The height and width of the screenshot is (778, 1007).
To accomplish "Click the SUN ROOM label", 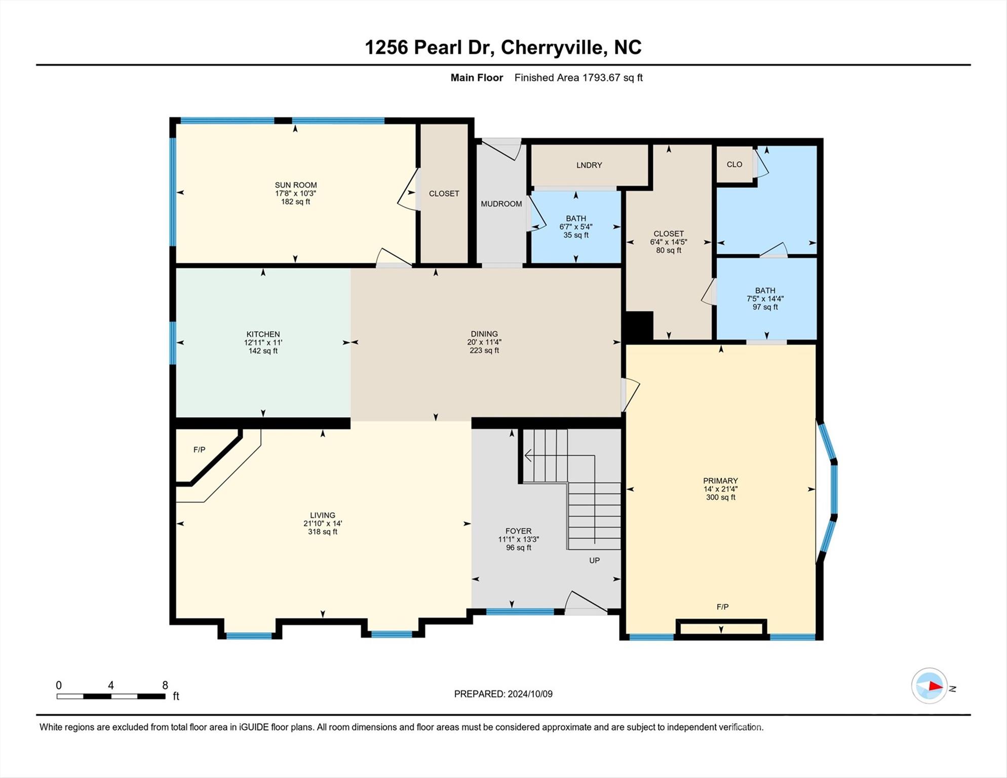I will point(296,185).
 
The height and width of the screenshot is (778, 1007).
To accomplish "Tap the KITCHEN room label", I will point(263,334).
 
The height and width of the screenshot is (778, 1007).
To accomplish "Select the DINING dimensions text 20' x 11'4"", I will point(484,342).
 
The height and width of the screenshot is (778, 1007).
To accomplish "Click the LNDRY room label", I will point(589,165).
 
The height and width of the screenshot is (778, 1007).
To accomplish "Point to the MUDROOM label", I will point(501,204).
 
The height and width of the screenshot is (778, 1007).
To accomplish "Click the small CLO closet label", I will point(734,164).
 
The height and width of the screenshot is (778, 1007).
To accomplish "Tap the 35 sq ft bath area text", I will point(576,236).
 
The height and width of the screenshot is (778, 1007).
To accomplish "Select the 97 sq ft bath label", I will point(765,307).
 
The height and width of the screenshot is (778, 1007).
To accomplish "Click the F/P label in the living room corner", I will point(199,450).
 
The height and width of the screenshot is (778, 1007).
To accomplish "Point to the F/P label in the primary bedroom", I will point(722,607).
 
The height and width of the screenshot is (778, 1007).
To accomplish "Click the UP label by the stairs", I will point(594,560).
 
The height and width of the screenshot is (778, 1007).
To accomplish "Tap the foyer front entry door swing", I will point(585,603).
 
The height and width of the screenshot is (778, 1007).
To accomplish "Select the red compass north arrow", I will point(935,687).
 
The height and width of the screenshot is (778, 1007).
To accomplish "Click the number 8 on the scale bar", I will point(165,685).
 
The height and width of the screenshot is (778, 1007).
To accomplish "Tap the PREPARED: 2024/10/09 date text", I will point(503,694).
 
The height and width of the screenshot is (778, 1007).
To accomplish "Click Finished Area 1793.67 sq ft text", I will point(578,77).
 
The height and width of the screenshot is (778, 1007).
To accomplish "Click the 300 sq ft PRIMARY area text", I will point(720,497).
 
